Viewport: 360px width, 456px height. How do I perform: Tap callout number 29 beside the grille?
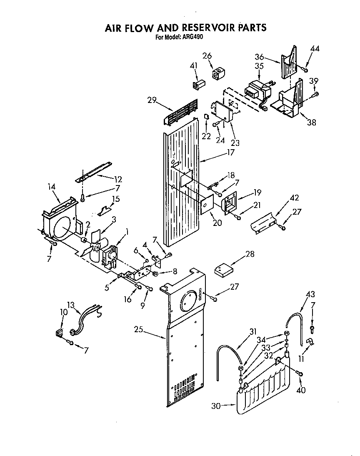pyautogui.click(x=152, y=100)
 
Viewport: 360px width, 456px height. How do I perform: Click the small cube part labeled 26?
pyautogui.click(x=217, y=74)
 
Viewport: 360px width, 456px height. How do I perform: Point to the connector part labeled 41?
pyautogui.click(x=196, y=85)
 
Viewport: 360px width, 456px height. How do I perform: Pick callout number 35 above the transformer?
pyautogui.click(x=259, y=66)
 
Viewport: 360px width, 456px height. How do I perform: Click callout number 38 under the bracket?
pyautogui.click(x=311, y=122)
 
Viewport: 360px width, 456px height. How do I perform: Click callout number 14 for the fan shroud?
pyautogui.click(x=52, y=187)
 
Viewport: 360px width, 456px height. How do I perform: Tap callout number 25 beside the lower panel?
pyautogui.click(x=139, y=329)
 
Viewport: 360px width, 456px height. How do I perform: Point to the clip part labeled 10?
pyautogui.click(x=59, y=333)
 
